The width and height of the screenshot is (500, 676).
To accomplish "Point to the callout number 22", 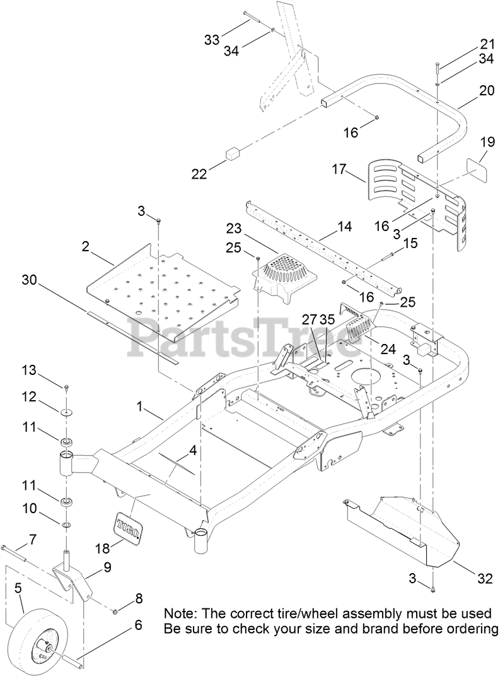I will [x=199, y=174].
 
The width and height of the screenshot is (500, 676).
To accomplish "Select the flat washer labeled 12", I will [x=66, y=413].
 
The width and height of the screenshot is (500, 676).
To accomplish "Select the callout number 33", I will [x=212, y=40].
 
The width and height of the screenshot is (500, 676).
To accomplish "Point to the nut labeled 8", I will [x=116, y=612].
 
